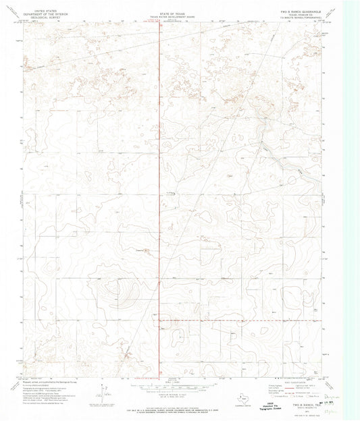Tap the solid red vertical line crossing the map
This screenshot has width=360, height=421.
(160, 202)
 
